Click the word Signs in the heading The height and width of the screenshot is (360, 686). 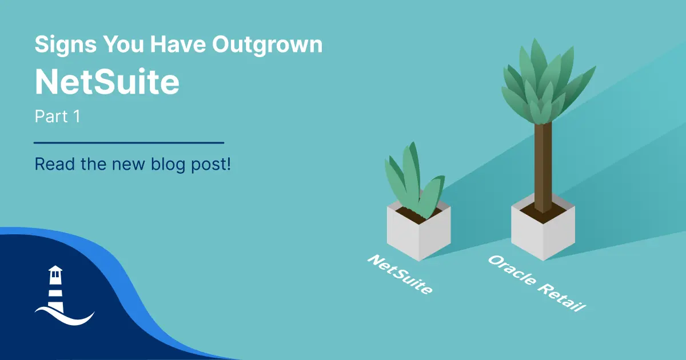coord(66,45)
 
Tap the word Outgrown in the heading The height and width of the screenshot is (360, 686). coord(268,45)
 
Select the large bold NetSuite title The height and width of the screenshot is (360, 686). coord(107,82)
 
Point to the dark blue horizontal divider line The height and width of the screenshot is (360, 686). coord(129,143)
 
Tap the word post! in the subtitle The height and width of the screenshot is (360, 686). coord(211,165)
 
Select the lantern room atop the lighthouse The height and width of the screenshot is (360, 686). coord(55,273)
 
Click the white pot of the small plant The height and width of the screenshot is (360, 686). coord(418,233)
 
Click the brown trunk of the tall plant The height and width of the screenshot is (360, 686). coord(543,167)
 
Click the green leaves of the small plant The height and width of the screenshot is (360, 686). coord(413,181)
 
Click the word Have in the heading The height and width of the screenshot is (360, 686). coord(178,45)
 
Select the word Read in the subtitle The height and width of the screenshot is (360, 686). coord(55,165)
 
